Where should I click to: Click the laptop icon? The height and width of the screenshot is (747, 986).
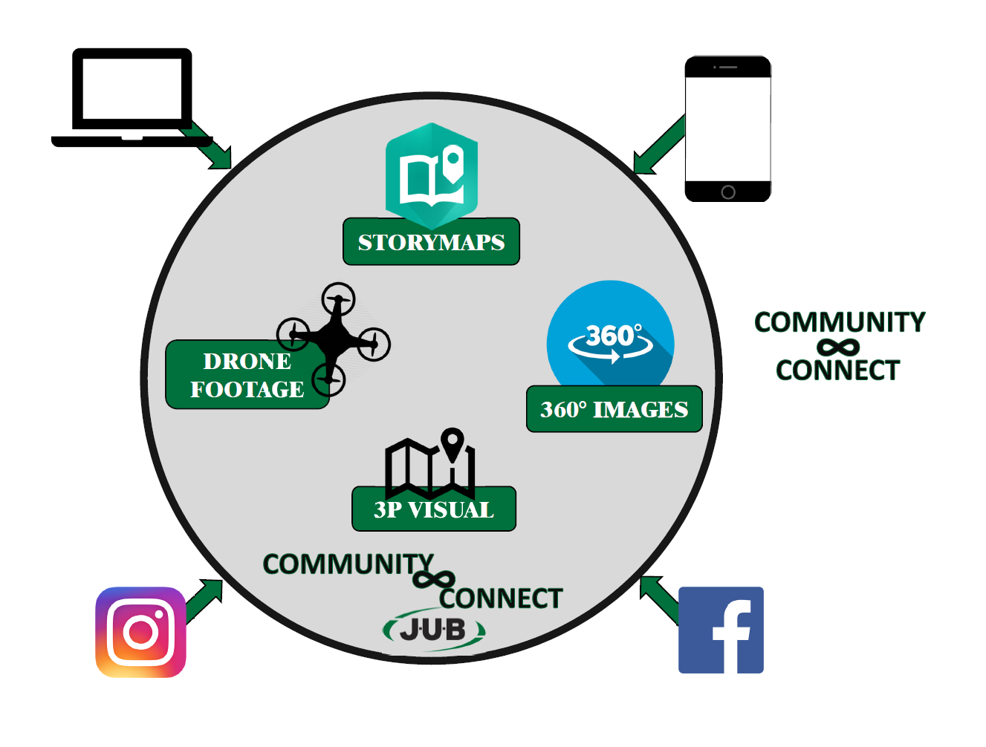[x=132, y=97]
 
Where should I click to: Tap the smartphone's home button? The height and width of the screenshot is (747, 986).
[x=728, y=192]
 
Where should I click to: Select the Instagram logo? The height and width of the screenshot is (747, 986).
[x=140, y=632]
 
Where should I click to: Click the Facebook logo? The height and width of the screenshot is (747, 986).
[x=721, y=630]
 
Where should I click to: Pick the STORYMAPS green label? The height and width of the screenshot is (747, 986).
[x=431, y=242]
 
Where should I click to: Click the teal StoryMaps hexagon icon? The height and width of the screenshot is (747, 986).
[x=432, y=174]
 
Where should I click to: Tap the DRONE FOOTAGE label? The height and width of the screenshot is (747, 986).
[x=247, y=375]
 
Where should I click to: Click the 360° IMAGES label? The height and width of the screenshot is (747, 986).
[x=614, y=409]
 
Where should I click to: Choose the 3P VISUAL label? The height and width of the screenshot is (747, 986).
[x=434, y=510]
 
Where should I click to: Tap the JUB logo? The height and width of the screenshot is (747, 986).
[x=434, y=630]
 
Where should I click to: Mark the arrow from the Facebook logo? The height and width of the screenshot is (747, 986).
[x=660, y=597]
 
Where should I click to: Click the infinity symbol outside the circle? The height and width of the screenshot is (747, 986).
[x=837, y=347]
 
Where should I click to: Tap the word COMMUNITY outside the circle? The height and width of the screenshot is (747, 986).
[x=840, y=322]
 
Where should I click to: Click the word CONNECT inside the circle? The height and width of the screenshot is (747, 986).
[x=500, y=598]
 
